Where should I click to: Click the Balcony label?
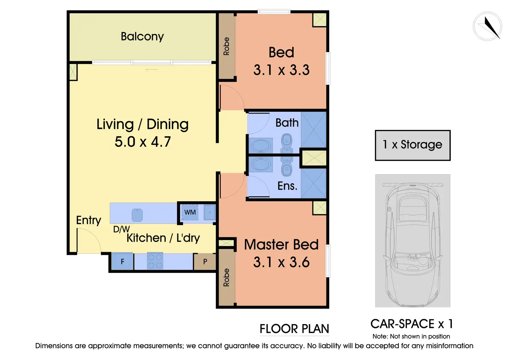tap(142, 37)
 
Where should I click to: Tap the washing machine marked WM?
tap(190, 212)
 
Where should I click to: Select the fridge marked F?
tap(122, 261)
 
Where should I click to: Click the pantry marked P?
tap(205, 261)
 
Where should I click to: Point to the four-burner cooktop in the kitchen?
tap(155, 261)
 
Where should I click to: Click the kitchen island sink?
tap(137, 215)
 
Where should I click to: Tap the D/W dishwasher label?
tap(121, 229)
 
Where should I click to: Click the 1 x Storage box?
tap(413, 146)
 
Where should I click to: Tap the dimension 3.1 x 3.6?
tap(281, 262)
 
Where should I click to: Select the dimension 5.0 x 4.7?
tap(142, 141)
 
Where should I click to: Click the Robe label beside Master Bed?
tap(226, 277)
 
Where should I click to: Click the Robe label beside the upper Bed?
tap(226, 46)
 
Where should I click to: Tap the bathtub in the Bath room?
tap(261, 146)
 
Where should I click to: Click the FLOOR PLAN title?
tap(294, 329)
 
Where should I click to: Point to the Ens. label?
tap(287, 186)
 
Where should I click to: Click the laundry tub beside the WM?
tap(209, 212)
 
